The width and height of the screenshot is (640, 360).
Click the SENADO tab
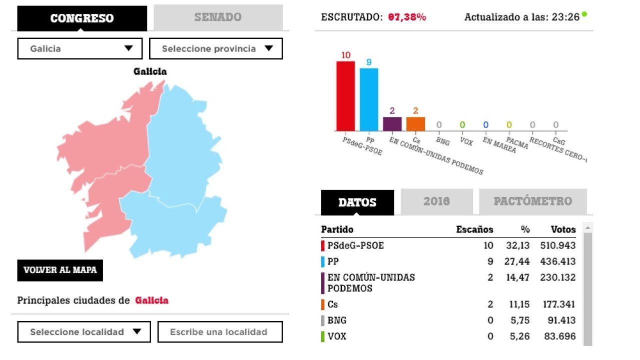click(218, 17)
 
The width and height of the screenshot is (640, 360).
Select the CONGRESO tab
click(82, 18)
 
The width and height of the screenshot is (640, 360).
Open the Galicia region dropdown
click(81, 48)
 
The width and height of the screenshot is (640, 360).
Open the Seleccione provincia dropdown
click(216, 48)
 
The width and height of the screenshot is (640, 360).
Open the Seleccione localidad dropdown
click(84, 332)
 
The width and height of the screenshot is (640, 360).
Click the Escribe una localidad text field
click(220, 332)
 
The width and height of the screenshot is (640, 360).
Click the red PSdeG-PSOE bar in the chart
click(345, 95)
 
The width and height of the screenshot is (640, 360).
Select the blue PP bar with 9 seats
click(369, 99)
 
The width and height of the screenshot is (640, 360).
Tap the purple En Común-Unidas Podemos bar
click(392, 123)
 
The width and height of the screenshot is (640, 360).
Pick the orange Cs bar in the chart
click(415, 123)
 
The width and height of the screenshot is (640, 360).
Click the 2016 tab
click(436, 201)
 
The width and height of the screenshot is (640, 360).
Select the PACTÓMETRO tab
click(532, 201)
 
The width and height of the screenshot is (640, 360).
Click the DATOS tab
click(357, 202)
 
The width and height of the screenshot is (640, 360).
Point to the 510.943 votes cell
click(558, 245)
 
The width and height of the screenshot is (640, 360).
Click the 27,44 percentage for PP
click(518, 261)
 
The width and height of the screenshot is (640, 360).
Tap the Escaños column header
click(474, 229)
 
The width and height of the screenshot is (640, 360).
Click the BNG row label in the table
click(337, 320)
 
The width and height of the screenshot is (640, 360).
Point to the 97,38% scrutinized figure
click(407, 17)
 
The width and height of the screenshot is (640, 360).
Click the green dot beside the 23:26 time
click(584, 14)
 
